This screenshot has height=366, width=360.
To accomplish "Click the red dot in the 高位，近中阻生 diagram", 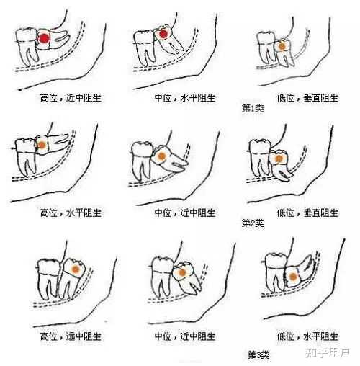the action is pos(44,38).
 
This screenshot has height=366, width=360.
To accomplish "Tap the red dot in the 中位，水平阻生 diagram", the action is pos(163,34).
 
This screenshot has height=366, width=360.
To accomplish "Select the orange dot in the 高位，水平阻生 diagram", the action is pos(42,145).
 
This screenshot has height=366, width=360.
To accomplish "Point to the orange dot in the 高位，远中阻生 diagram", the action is pos(76,269).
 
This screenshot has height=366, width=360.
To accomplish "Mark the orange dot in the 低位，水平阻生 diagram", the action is pos(292,277).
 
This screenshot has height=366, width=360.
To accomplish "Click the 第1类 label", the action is pos(253,108).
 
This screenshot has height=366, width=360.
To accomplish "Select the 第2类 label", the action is pos(253,223).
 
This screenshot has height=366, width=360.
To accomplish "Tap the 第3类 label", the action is pos(258,354).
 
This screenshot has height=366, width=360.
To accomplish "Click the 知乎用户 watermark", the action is pos(327,353).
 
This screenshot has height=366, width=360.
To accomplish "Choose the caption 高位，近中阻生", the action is pos(71,98).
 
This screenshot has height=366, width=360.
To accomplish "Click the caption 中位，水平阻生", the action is pos(185,98).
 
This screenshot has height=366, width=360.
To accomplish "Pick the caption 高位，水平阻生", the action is pos(71,213).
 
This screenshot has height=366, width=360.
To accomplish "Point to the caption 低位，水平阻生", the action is pos(307,336).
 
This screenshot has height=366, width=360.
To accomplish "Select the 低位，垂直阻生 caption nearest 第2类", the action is pos(307,213).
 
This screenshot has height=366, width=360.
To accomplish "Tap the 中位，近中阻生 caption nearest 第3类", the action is pos(185,336).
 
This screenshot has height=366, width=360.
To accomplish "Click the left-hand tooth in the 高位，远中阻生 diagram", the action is pos(48,279).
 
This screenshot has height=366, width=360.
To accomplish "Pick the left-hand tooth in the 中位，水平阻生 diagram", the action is pos(144,48).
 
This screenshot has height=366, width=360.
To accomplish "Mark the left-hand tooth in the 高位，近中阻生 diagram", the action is pos(27,46).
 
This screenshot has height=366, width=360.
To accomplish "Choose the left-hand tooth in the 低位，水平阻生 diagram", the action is pos(276,272).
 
